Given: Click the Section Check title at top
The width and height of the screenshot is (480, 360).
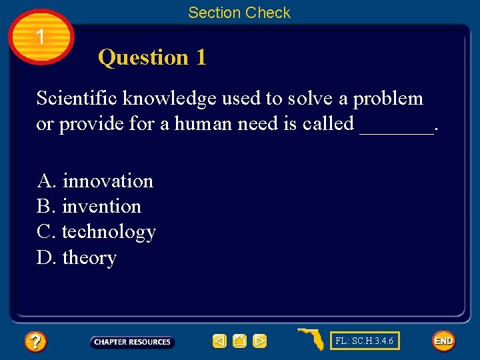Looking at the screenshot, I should [239, 13].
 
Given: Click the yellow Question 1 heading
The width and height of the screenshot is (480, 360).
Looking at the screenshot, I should [152, 58].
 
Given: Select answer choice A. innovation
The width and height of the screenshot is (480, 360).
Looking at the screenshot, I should [95, 181].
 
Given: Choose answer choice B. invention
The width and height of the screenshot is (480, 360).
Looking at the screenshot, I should [89, 207].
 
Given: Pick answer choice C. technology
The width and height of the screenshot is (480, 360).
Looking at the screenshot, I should [96, 232].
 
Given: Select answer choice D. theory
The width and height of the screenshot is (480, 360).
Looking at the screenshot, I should [77, 257].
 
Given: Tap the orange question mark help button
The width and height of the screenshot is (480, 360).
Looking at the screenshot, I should [35, 342].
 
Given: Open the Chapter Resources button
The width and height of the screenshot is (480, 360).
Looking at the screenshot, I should [132, 342].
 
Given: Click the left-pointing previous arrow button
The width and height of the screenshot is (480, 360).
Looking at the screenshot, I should [219, 341].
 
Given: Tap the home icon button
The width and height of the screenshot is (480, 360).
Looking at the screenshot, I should [240, 341].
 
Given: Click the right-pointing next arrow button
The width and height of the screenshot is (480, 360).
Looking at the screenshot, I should [260, 341].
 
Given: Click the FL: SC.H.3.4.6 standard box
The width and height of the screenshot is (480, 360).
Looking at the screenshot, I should [365, 341].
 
